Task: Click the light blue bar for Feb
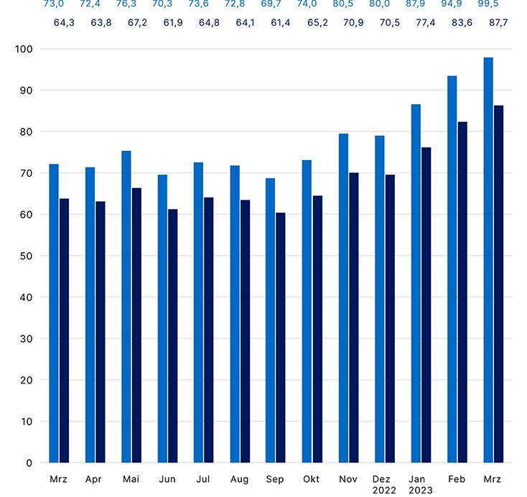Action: [x=452, y=269]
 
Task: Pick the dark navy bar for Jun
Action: [x=173, y=335]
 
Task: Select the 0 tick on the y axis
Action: [x=29, y=463]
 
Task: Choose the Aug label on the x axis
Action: [x=240, y=478]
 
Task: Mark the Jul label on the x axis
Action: [x=203, y=478]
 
